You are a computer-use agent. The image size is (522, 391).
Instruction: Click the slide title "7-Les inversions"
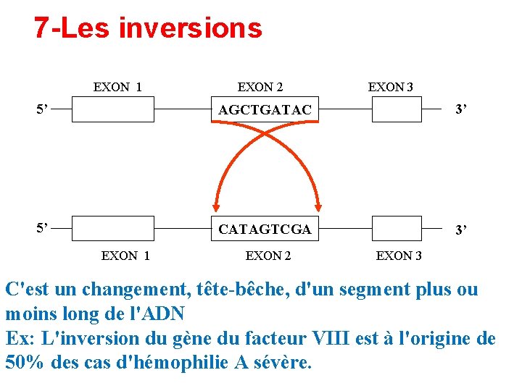(148, 28)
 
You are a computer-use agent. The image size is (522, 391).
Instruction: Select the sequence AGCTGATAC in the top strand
(265, 110)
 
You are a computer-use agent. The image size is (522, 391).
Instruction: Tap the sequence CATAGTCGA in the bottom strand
(265, 230)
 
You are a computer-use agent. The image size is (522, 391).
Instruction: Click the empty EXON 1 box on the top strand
(113, 109)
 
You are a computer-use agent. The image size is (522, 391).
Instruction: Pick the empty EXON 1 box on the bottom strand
(113, 228)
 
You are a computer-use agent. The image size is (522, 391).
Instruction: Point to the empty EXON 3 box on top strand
(397, 109)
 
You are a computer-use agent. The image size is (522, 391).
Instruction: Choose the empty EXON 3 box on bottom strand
(397, 228)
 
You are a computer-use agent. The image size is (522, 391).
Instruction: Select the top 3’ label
(460, 110)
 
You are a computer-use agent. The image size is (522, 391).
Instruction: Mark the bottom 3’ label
(460, 231)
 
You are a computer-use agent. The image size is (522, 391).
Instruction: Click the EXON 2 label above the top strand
(260, 88)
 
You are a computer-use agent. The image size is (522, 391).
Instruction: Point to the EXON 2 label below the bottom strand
(268, 255)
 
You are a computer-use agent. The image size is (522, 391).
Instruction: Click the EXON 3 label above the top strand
(390, 88)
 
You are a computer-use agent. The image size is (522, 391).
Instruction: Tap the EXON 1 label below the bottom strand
(125, 255)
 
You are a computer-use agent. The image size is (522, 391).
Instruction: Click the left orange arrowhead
(215, 206)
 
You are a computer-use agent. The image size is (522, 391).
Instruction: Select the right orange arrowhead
(318, 206)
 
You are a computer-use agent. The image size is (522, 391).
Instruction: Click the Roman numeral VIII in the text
(331, 338)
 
